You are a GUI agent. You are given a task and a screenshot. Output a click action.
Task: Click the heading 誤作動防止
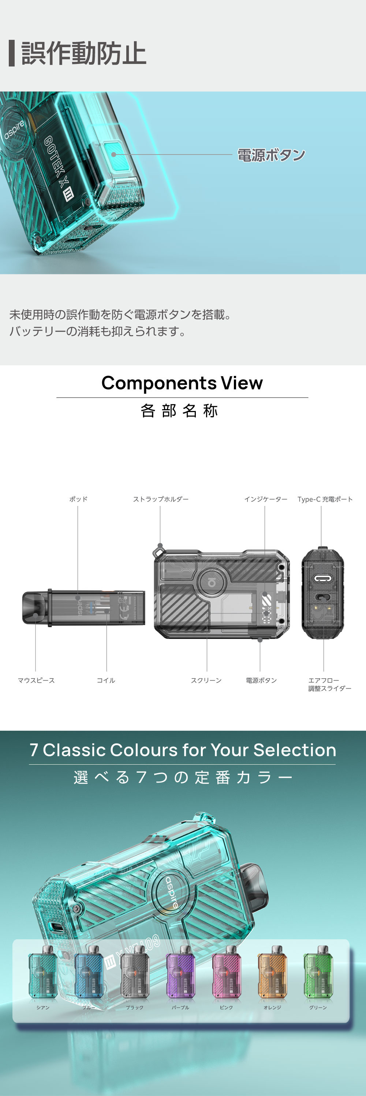click(83, 54)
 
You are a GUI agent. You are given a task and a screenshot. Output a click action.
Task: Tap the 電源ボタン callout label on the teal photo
click(271, 155)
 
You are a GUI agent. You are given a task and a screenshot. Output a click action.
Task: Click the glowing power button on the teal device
click(114, 153)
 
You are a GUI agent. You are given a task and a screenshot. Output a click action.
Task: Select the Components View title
click(182, 383)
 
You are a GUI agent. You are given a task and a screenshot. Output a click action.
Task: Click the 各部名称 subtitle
click(179, 411)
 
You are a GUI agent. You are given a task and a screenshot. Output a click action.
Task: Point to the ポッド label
click(78, 499)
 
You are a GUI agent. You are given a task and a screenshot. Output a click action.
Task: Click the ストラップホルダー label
click(161, 499)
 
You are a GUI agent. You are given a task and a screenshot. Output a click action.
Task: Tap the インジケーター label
click(265, 499)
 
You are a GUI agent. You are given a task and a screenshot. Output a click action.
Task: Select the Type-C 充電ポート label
click(325, 499)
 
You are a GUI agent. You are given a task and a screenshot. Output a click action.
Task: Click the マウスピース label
click(36, 680)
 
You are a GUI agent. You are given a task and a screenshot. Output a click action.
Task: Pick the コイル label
click(106, 680)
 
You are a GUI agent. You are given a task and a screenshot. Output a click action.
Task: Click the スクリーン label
click(206, 680)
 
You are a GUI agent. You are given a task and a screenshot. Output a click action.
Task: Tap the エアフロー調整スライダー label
click(329, 684)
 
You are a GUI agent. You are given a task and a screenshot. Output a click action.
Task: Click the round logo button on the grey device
click(212, 582)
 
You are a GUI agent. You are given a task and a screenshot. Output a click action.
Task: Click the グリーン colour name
click(318, 1008)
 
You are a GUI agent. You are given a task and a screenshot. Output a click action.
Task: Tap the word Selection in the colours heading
click(294, 750)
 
